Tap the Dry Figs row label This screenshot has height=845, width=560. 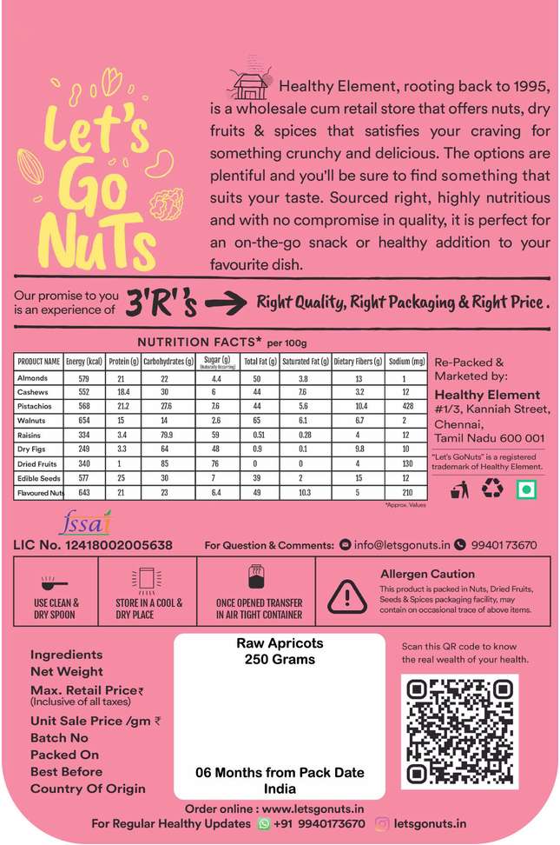(x=32, y=448)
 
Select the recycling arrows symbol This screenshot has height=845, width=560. (x=492, y=490)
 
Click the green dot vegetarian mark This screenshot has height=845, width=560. (x=524, y=490)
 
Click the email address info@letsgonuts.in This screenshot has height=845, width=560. (x=400, y=545)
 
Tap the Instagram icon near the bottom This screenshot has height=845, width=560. (x=382, y=823)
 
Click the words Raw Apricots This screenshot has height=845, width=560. (x=280, y=643)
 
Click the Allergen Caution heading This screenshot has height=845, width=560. (x=427, y=574)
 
